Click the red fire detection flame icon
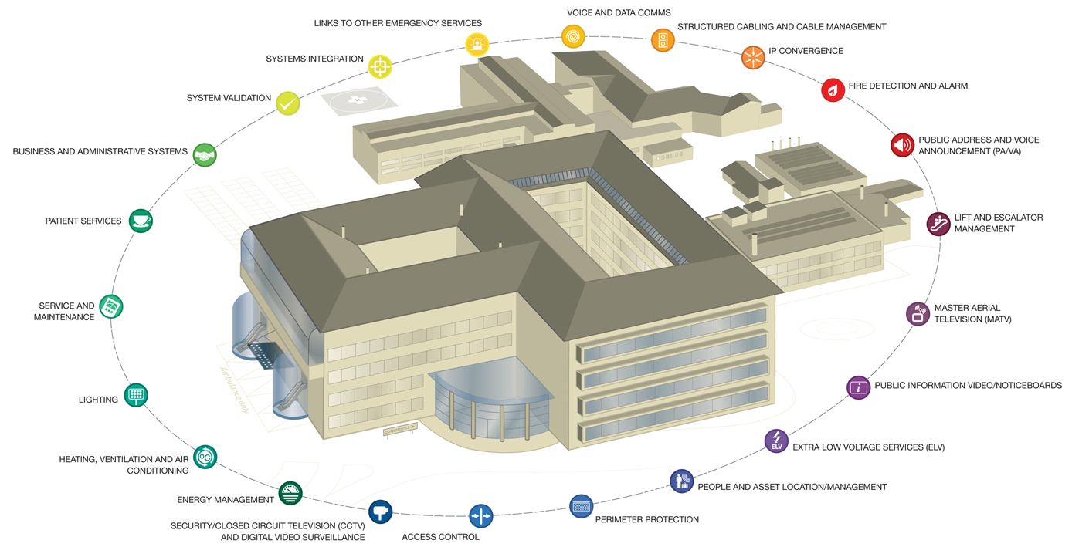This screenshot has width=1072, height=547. [x=833, y=90]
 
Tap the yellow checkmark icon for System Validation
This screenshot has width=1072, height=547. [x=288, y=103]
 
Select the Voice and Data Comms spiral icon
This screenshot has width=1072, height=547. [x=573, y=36]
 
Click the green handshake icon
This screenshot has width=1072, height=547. [x=205, y=155]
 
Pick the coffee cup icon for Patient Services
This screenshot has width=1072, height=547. [x=141, y=221]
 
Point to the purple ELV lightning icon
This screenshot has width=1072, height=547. [x=776, y=441]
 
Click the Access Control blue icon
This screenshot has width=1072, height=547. [x=480, y=515]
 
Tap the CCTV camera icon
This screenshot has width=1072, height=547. [x=380, y=511]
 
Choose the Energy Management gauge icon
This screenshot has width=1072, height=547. [x=290, y=493]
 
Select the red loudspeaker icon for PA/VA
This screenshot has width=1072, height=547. [x=902, y=145]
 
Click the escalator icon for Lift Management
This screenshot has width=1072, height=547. [x=938, y=225]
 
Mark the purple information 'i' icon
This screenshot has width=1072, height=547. [x=858, y=387]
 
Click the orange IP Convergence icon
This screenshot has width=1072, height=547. [x=753, y=57]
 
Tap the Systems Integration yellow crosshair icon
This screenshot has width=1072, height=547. [x=380, y=66]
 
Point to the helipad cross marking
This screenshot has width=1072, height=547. [x=357, y=100]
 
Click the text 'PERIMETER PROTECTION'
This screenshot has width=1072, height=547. [x=646, y=520]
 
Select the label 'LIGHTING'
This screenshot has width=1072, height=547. [x=98, y=400]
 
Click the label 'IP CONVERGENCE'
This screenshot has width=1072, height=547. [x=806, y=51]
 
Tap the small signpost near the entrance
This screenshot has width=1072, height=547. [x=400, y=429]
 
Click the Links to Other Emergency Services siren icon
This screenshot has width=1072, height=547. [x=477, y=44]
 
